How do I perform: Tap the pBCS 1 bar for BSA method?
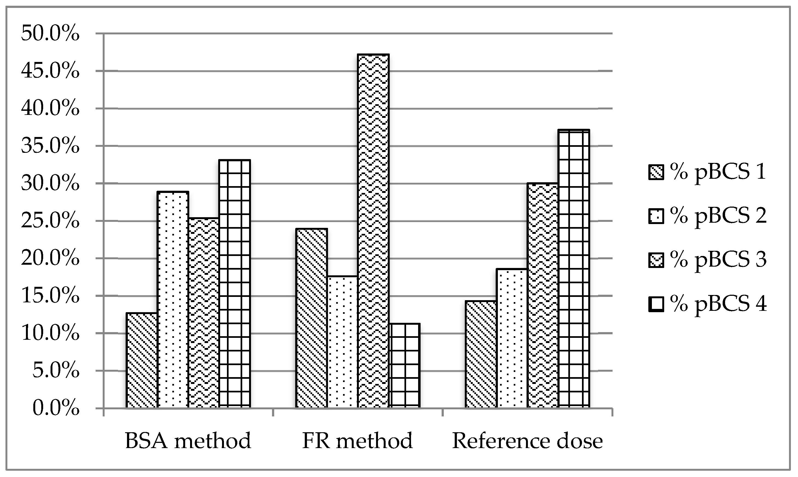point(141,360)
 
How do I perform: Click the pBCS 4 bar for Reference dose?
point(574,269)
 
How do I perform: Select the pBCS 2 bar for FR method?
point(342,342)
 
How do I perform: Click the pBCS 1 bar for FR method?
point(311,318)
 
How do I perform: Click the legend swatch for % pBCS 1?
point(657,172)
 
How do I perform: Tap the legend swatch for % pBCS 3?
point(657,260)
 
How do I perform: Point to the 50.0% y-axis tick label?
point(50,34)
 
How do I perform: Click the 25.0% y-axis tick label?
point(50,221)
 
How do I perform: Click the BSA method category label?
point(188,441)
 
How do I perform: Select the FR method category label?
point(357,441)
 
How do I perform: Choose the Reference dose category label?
point(528,441)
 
